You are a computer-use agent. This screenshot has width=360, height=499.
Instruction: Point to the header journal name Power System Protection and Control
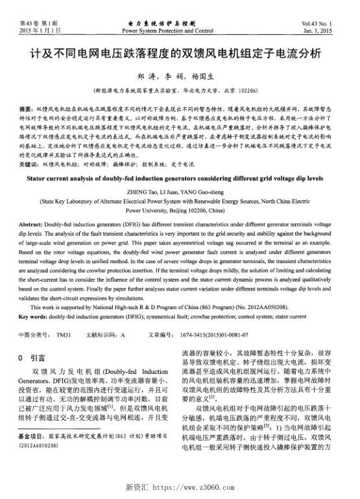click(167, 30)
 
